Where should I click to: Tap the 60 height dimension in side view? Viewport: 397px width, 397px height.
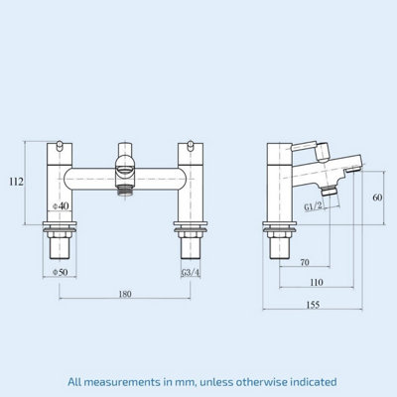pos(378,198)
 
